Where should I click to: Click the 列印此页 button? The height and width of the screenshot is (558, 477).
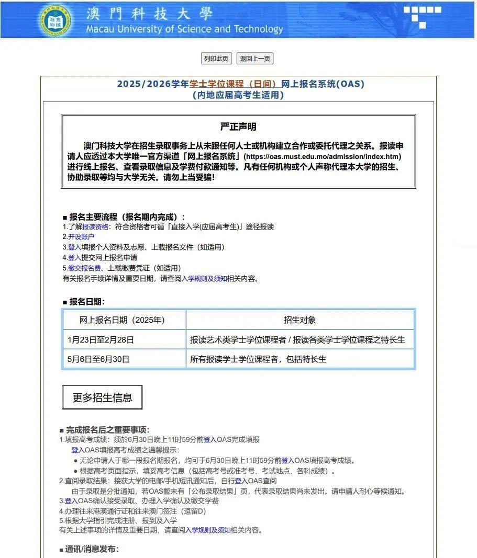pos(216,59)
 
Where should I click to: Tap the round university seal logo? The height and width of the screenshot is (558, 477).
pos(54,20)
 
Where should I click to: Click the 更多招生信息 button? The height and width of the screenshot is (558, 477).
pos(102,397)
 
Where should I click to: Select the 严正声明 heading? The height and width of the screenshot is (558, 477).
pos(238,127)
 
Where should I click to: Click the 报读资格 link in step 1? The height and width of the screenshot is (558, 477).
pos(95,227)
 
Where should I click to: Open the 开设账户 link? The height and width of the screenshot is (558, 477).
pos(81,237)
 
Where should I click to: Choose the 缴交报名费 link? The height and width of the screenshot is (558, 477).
pos(84,268)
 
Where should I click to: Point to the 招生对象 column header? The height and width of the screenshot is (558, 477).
pos(299,320)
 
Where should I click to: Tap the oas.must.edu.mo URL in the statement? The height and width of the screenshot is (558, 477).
pos(323,156)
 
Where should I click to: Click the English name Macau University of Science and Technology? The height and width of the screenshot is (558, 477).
pos(184,29)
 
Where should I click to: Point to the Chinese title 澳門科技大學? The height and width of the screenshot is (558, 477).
pos(150,13)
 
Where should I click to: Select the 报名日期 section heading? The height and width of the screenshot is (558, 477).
pos(86,302)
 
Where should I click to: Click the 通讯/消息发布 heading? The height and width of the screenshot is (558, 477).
pos(92,549)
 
